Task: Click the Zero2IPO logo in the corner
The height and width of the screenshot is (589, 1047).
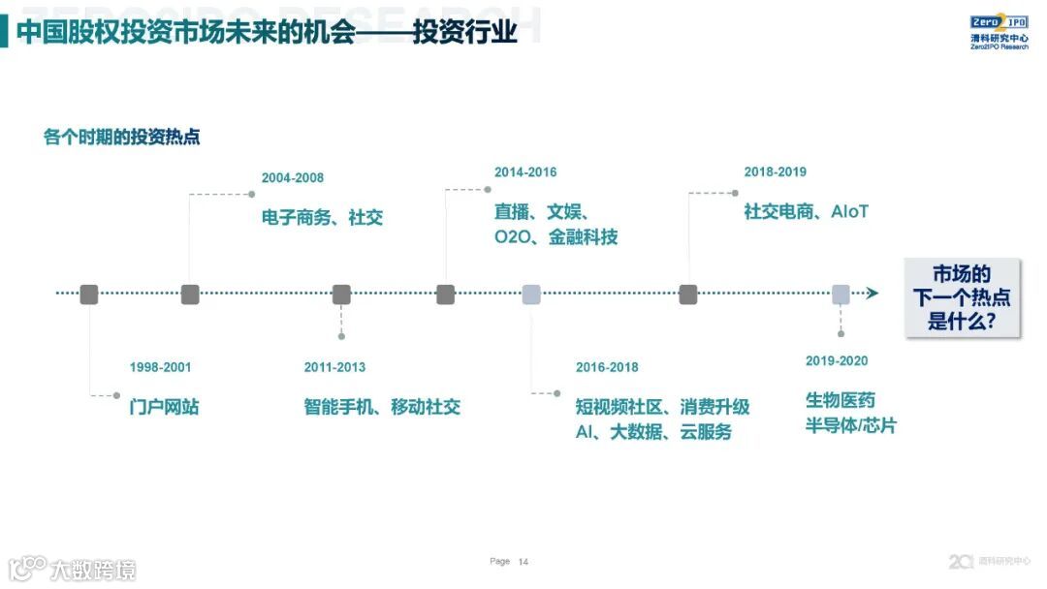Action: tap(999, 32)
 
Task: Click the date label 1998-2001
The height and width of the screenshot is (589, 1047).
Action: tap(160, 367)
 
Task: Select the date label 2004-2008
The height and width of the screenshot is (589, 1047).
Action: tap(293, 178)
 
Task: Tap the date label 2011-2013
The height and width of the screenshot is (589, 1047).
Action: tap(334, 367)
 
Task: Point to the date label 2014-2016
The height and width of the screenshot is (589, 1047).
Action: tap(525, 172)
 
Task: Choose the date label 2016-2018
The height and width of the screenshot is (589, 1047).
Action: tap(607, 367)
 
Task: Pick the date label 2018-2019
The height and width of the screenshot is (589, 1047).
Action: tap(775, 172)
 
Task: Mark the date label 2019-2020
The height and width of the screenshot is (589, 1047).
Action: tap(837, 361)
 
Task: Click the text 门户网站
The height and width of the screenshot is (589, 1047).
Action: tap(164, 407)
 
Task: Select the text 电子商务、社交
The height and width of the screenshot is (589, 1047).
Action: tap(322, 217)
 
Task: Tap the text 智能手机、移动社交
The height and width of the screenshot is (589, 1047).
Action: tap(382, 407)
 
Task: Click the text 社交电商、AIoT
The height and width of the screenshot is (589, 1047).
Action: tap(806, 211)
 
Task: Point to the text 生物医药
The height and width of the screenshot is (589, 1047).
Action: tap(840, 400)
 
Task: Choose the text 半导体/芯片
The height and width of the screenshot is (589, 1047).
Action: tap(850, 425)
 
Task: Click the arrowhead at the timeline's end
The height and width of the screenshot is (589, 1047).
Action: tap(872, 294)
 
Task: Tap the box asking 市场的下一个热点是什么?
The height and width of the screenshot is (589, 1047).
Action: tap(962, 296)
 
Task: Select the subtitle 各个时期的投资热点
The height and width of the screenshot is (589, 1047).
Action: tap(121, 137)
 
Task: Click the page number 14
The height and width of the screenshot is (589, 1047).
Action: tap(523, 562)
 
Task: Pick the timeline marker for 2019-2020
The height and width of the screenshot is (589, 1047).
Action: tap(841, 294)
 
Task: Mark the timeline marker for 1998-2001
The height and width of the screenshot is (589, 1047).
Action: tap(89, 294)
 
